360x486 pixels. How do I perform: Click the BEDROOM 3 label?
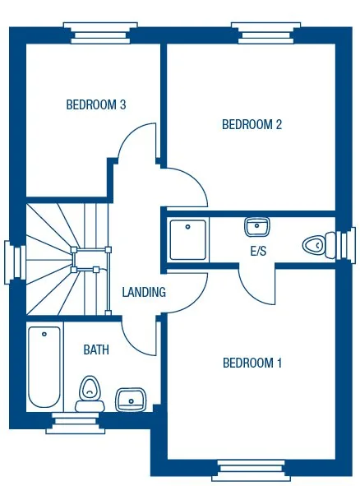click(x=96, y=105)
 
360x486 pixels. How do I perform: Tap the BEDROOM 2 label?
click(x=252, y=125)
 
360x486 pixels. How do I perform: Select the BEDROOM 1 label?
click(x=252, y=363)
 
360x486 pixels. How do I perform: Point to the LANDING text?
click(x=144, y=292)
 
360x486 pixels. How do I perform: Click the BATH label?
click(x=96, y=349)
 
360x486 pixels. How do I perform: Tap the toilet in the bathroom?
click(x=89, y=393)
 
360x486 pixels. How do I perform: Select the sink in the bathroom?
click(x=130, y=400)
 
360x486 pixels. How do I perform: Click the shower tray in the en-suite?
click(x=188, y=237)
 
